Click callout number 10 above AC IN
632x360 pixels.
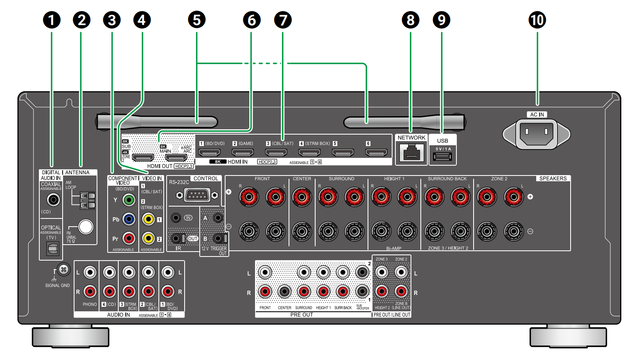point(537,20)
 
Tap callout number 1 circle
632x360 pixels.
point(52,20)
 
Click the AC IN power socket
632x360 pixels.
point(536,133)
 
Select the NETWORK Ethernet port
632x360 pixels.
point(411,152)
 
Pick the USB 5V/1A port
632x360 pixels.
point(442,157)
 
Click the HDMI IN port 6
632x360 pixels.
point(376,153)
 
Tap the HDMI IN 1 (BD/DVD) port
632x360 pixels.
point(209,153)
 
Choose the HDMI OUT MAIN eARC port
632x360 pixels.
point(176,157)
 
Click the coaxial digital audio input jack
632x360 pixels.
point(53,200)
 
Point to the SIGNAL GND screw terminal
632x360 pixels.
point(63,270)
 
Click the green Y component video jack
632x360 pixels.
point(129,200)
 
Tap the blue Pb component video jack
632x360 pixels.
point(129,219)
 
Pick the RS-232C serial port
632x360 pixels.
point(197,195)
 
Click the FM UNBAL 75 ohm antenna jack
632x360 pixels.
point(86,227)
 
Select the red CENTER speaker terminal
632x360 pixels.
point(302,197)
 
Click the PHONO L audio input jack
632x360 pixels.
point(90,272)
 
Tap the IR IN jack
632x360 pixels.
point(176,218)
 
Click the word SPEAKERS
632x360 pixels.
point(553,178)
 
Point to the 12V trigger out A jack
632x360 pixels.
point(218,218)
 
